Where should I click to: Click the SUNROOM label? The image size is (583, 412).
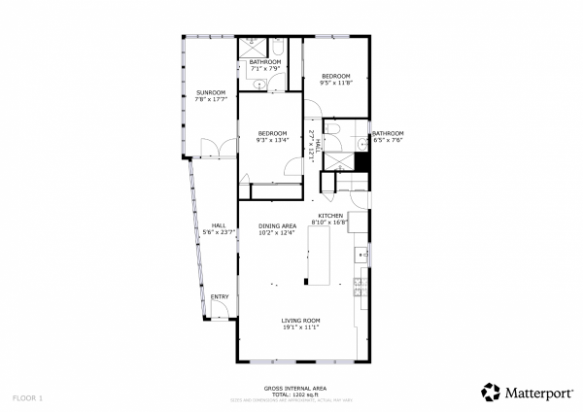click(x=210, y=92)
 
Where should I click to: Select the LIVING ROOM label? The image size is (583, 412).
click(x=300, y=321)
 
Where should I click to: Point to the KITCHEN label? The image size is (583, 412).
click(x=330, y=215)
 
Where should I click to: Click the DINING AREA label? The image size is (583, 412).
click(x=277, y=226)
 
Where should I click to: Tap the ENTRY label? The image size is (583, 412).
click(x=221, y=296)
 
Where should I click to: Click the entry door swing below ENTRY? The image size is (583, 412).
click(x=221, y=310)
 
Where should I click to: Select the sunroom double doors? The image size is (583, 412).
click(x=213, y=149)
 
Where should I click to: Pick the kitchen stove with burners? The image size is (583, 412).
click(x=360, y=286)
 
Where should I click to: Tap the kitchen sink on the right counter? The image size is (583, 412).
click(x=360, y=255)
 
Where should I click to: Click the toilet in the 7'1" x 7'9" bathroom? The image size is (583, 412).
click(x=276, y=49)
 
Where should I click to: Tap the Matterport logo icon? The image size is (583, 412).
click(x=492, y=393)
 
